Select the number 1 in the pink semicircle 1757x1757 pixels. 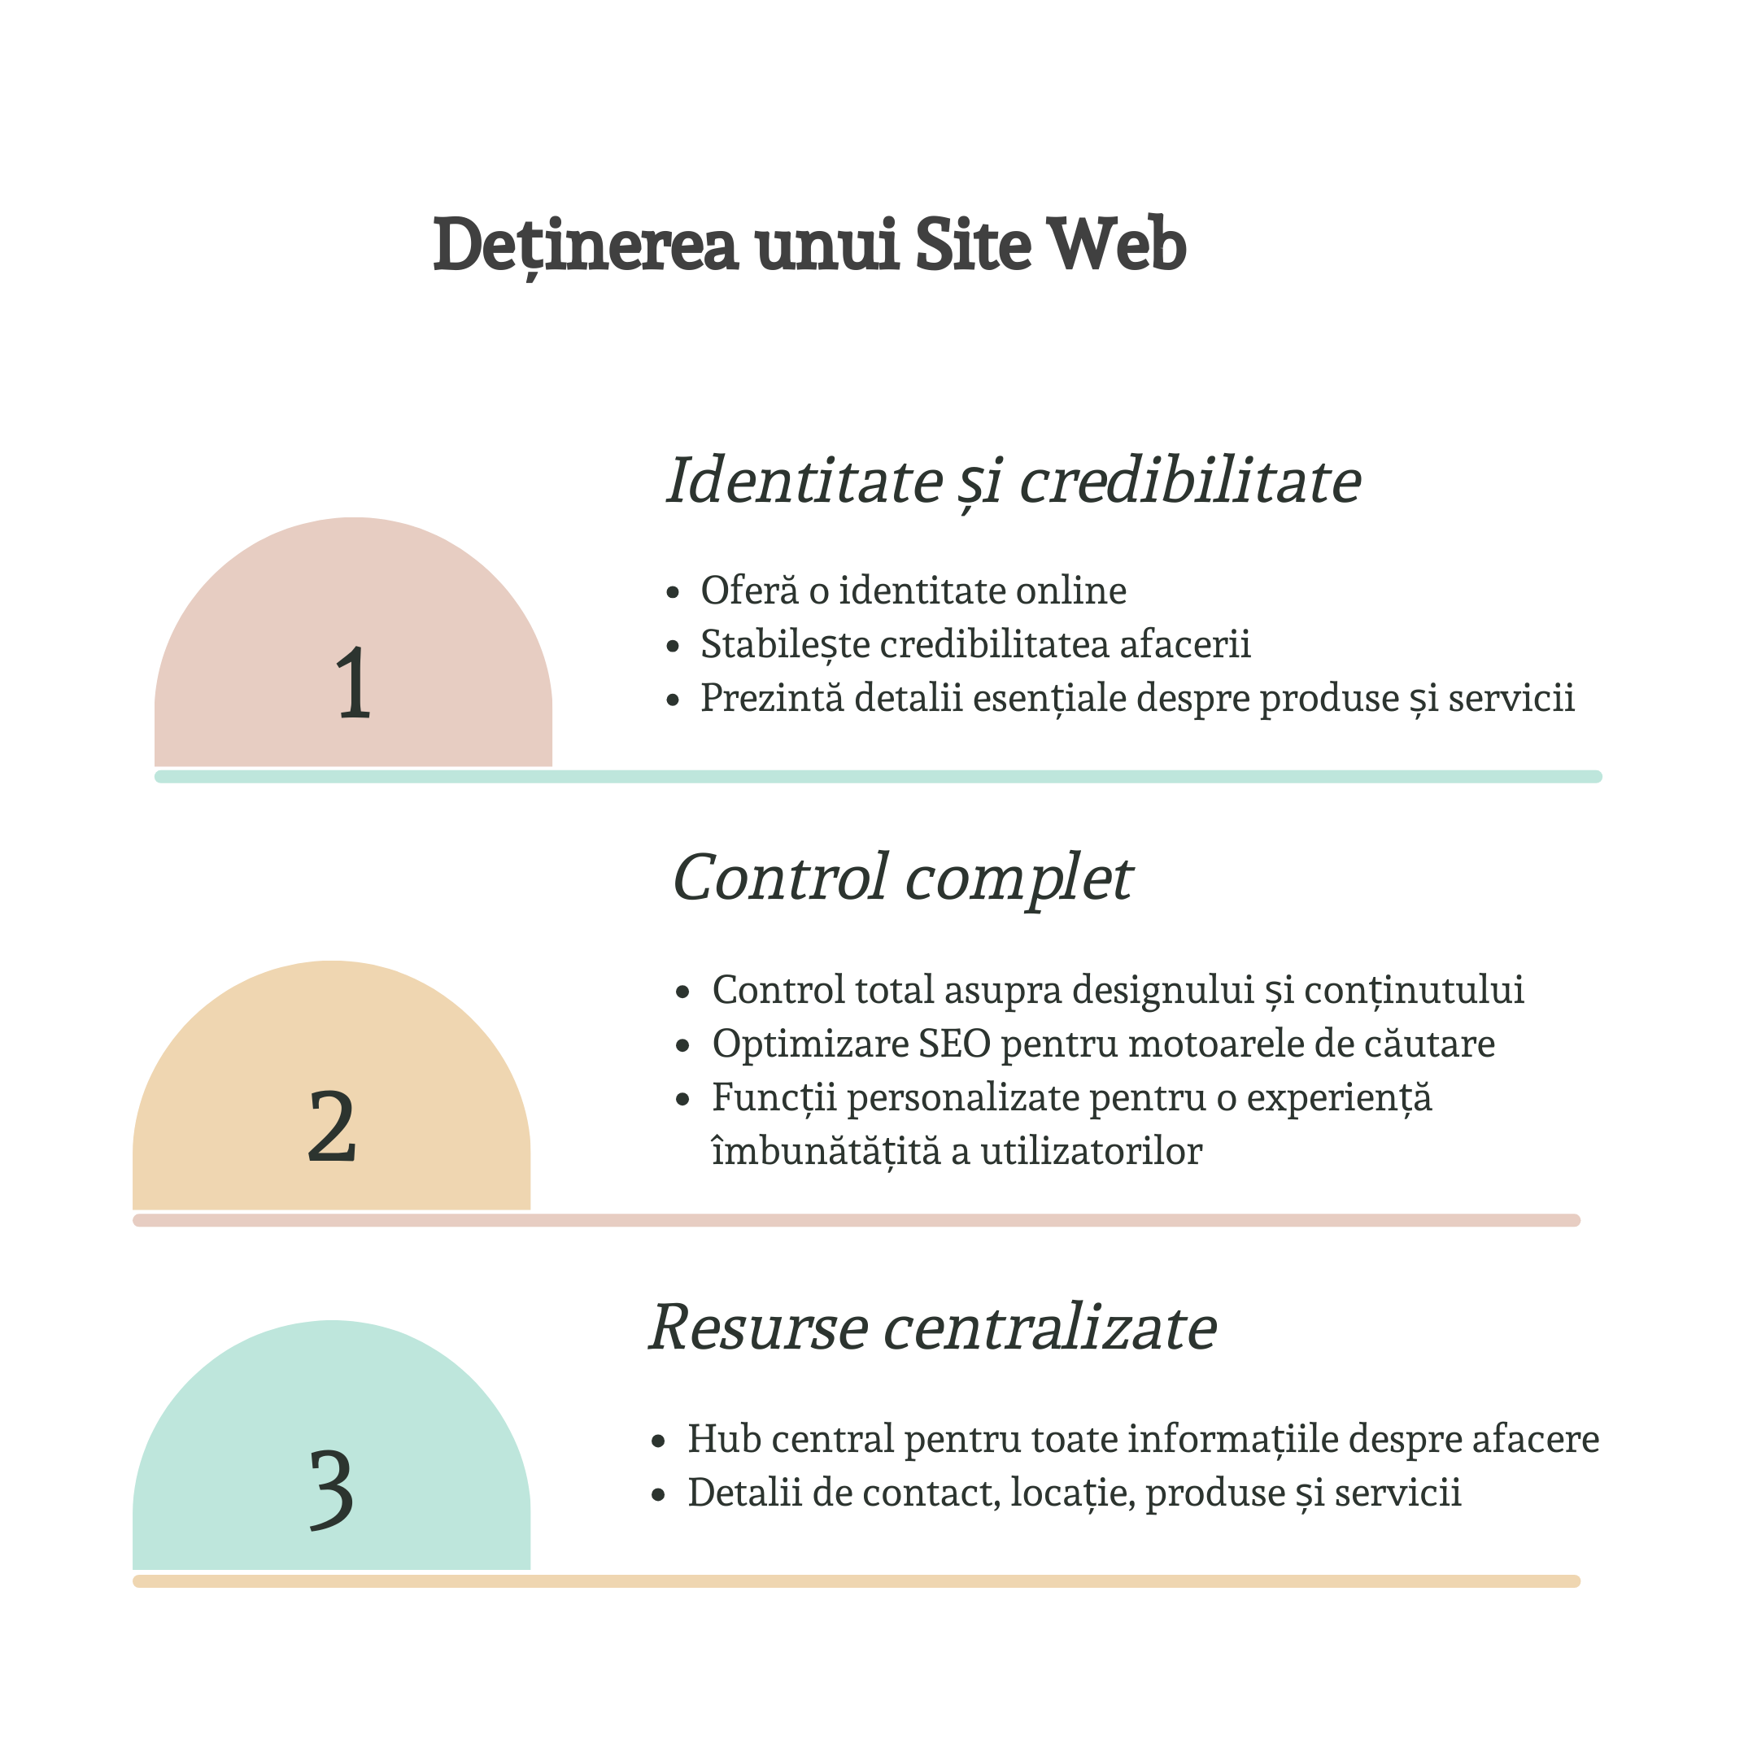[x=353, y=683]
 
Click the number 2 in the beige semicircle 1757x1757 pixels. [x=332, y=1127]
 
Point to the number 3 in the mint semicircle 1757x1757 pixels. [x=332, y=1489]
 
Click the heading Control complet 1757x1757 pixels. [x=902, y=878]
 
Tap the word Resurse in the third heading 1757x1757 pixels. [x=758, y=1327]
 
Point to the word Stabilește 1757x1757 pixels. [x=785, y=645]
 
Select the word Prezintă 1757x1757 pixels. [x=772, y=699]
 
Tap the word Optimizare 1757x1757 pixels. [x=810, y=1043]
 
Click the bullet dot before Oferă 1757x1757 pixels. [x=673, y=593]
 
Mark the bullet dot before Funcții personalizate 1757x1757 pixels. [x=684, y=1100]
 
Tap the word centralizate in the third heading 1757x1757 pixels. [x=1050, y=1327]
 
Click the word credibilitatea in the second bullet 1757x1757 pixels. [x=994, y=645]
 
